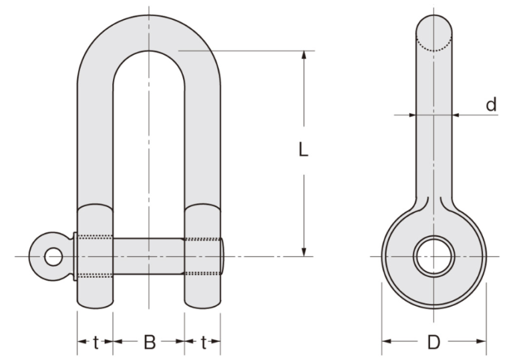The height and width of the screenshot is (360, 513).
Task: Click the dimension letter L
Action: [303, 150]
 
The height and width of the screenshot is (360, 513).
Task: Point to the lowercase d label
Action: [491, 104]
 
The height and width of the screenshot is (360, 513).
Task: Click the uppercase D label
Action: [434, 343]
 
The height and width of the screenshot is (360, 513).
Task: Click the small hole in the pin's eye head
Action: [51, 256]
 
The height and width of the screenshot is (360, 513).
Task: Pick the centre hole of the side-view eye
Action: [434, 256]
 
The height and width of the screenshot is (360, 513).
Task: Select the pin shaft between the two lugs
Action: [148, 256]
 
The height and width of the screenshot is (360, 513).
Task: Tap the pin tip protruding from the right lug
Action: [223, 256]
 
